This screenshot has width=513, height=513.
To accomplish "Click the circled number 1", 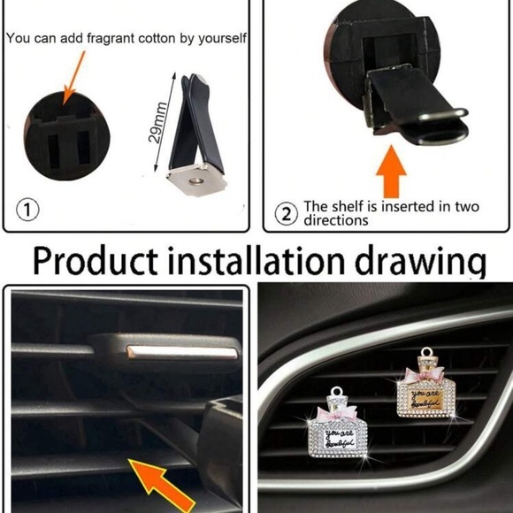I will (28, 211).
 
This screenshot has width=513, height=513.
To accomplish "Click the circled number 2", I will (286, 213).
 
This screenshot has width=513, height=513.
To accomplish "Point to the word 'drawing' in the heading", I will (424, 263).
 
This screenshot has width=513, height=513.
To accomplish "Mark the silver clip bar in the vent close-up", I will (182, 351).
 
